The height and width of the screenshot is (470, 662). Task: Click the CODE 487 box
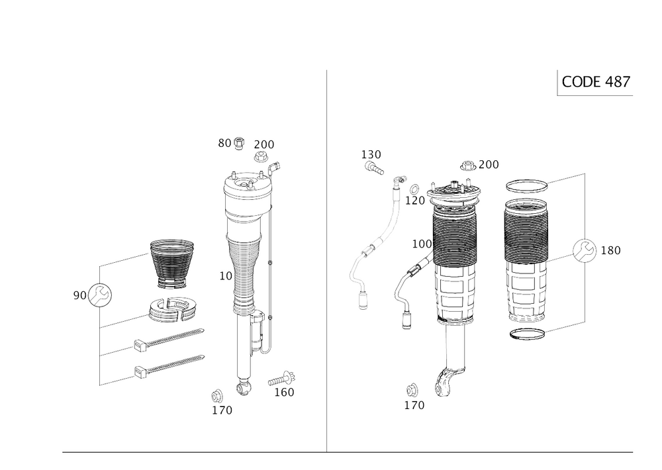tap(595, 82)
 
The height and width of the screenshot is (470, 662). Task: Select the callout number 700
tap(489, 164)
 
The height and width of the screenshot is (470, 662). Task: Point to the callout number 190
tap(371, 154)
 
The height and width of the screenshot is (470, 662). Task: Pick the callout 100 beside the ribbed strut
tap(421, 244)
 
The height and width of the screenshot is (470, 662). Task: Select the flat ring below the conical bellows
tap(173, 309)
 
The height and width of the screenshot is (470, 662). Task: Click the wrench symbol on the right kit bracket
tap(583, 250)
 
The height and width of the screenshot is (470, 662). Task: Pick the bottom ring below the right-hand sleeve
tap(526, 334)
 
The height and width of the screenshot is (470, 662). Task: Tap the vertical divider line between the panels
tap(328, 258)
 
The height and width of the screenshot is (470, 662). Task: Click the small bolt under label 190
tap(375, 170)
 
